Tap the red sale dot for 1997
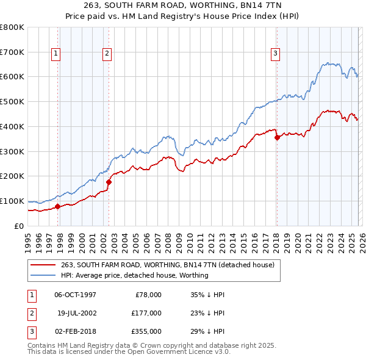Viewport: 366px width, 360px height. point(57,206)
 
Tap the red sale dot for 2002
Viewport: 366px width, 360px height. point(109,181)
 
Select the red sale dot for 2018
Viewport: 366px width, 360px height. point(277,137)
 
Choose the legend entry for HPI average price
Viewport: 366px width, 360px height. point(135,275)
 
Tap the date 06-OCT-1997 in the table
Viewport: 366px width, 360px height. point(75,295)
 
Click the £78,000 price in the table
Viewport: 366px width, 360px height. point(148,295)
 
